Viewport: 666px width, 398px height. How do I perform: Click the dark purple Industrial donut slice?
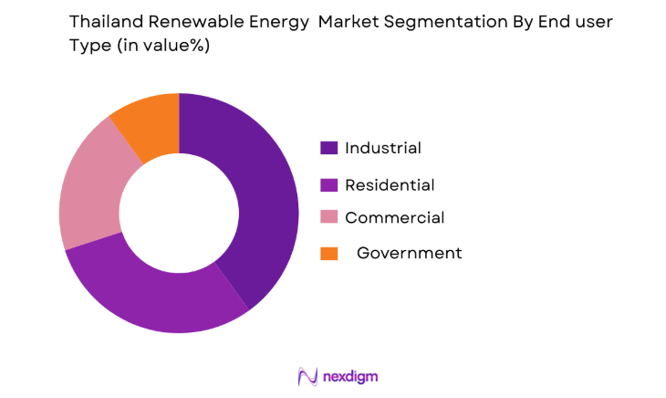pos(260,201)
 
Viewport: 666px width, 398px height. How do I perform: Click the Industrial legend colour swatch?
pos(328,148)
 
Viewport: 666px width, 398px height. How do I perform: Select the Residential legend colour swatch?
pos(328,184)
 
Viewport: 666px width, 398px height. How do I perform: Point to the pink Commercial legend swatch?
pos(328,217)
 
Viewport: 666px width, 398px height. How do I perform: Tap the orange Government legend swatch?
pos(328,253)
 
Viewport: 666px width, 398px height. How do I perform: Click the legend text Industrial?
pos(383,148)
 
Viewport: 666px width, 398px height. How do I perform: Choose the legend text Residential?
pos(390,184)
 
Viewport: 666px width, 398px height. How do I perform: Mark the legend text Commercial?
pos(394,217)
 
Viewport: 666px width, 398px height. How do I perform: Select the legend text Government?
pos(409,253)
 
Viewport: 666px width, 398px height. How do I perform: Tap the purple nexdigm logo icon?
pos(307,376)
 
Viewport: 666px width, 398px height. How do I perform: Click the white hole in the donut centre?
pos(179,213)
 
